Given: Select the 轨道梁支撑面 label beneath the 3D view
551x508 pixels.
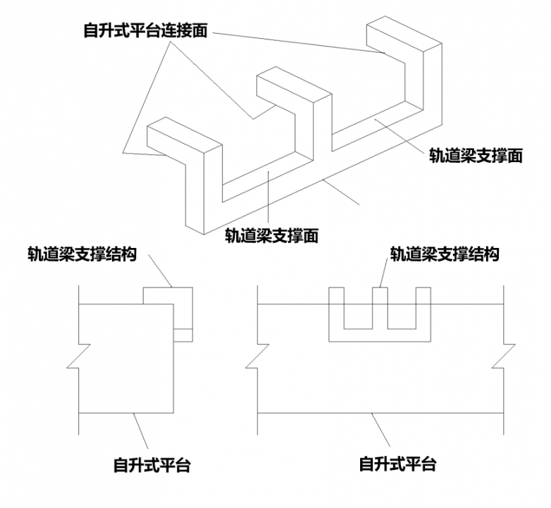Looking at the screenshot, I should [x=271, y=235].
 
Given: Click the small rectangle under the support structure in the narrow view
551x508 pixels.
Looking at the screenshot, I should [x=182, y=335].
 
